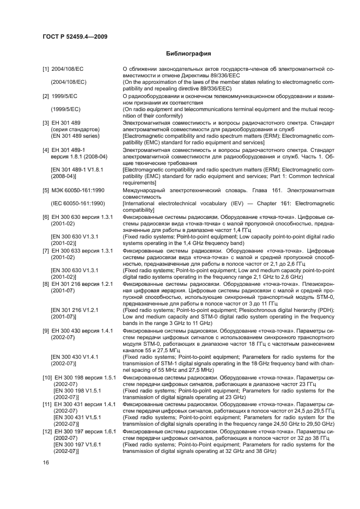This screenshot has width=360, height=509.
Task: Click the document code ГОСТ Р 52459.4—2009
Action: [x=74, y=35]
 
